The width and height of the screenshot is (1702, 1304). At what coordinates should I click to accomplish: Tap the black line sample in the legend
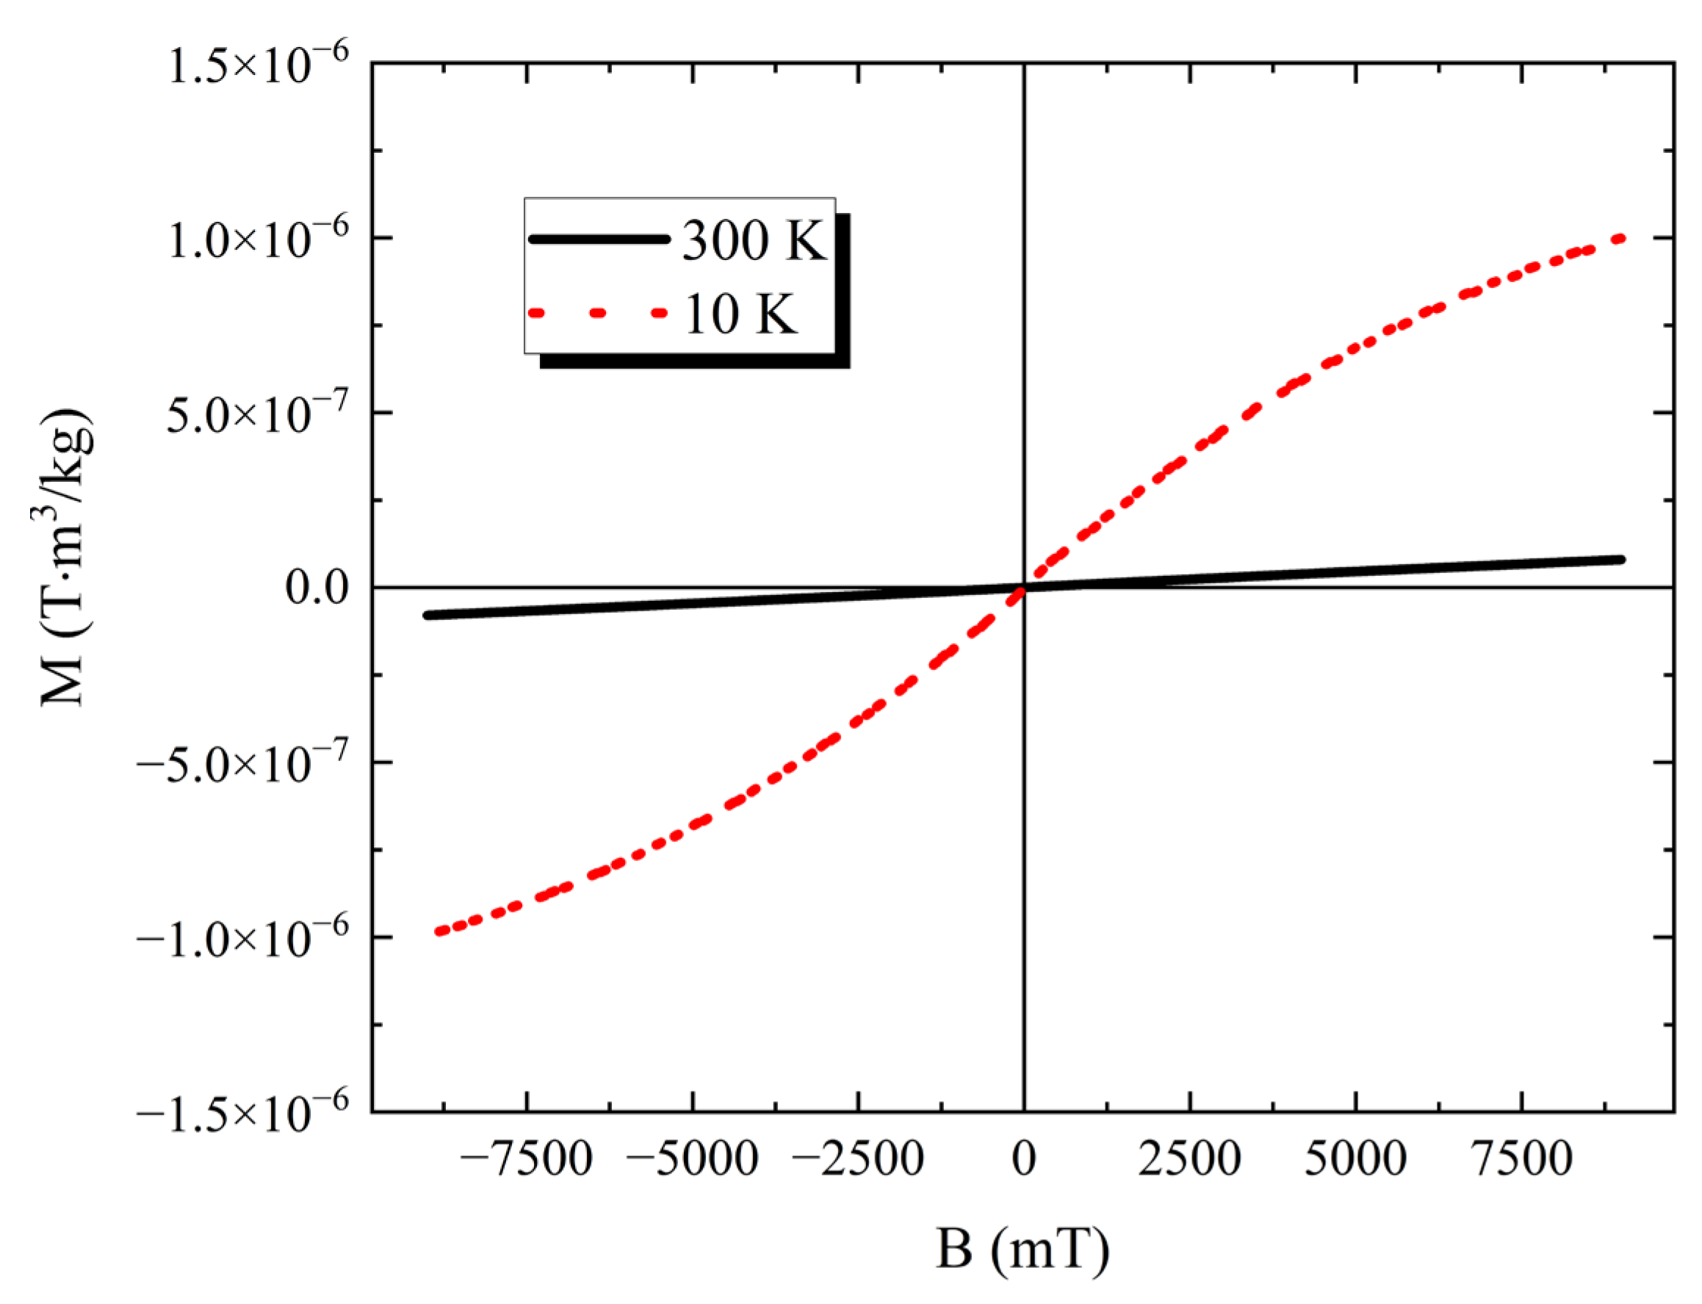(599, 239)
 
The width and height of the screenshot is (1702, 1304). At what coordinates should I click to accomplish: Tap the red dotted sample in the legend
(599, 313)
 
